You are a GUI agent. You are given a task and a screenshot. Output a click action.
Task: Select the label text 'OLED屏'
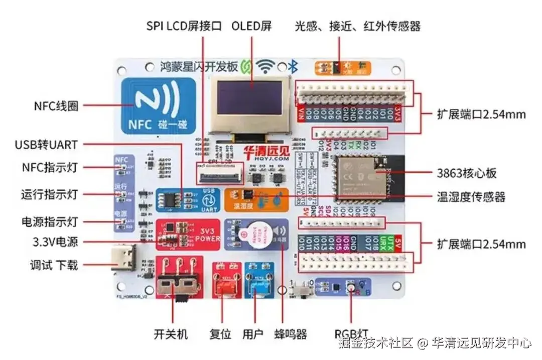[x=251, y=26]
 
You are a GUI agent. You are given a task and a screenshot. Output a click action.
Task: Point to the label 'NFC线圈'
[x=56, y=106]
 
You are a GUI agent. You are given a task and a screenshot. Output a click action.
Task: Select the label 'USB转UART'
[x=46, y=145]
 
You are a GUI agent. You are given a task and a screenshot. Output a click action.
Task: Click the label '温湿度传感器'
[x=471, y=196]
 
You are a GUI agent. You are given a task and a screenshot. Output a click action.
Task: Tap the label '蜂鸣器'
[x=291, y=334]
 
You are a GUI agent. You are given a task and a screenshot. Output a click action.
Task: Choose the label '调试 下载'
[x=54, y=265]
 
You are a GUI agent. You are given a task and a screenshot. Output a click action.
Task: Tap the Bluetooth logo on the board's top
[x=296, y=66]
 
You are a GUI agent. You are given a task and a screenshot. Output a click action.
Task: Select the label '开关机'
[x=171, y=334]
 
